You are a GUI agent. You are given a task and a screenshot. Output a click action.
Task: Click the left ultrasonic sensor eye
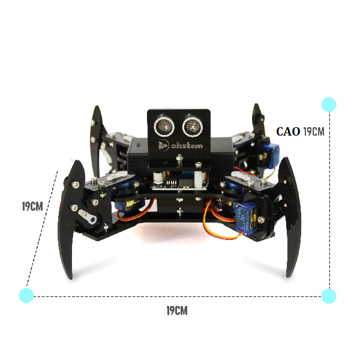(164, 126)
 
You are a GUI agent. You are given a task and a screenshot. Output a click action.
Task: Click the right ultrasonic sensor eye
(193, 126)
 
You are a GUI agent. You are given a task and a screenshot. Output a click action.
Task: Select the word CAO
(288, 131)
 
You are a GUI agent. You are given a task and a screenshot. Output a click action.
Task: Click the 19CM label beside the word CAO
(314, 131)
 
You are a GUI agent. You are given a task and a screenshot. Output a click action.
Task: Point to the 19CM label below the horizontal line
(177, 311)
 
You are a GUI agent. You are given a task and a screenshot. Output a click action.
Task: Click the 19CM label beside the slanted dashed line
(32, 206)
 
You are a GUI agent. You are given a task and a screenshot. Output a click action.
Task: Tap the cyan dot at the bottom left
(26, 295)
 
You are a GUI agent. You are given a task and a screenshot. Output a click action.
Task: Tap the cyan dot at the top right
(329, 104)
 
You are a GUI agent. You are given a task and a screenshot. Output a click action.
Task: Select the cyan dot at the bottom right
(329, 296)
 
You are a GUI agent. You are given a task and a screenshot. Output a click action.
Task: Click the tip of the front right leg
(287, 276)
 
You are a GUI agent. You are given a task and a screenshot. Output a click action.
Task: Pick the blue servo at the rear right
(268, 152)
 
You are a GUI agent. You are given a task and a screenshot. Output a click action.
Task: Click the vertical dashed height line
(329, 200)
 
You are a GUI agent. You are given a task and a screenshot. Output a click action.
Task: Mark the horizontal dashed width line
(178, 296)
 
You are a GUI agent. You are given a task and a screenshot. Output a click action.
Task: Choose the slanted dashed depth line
(42, 228)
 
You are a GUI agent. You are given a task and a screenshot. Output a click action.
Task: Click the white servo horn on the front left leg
(87, 217)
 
